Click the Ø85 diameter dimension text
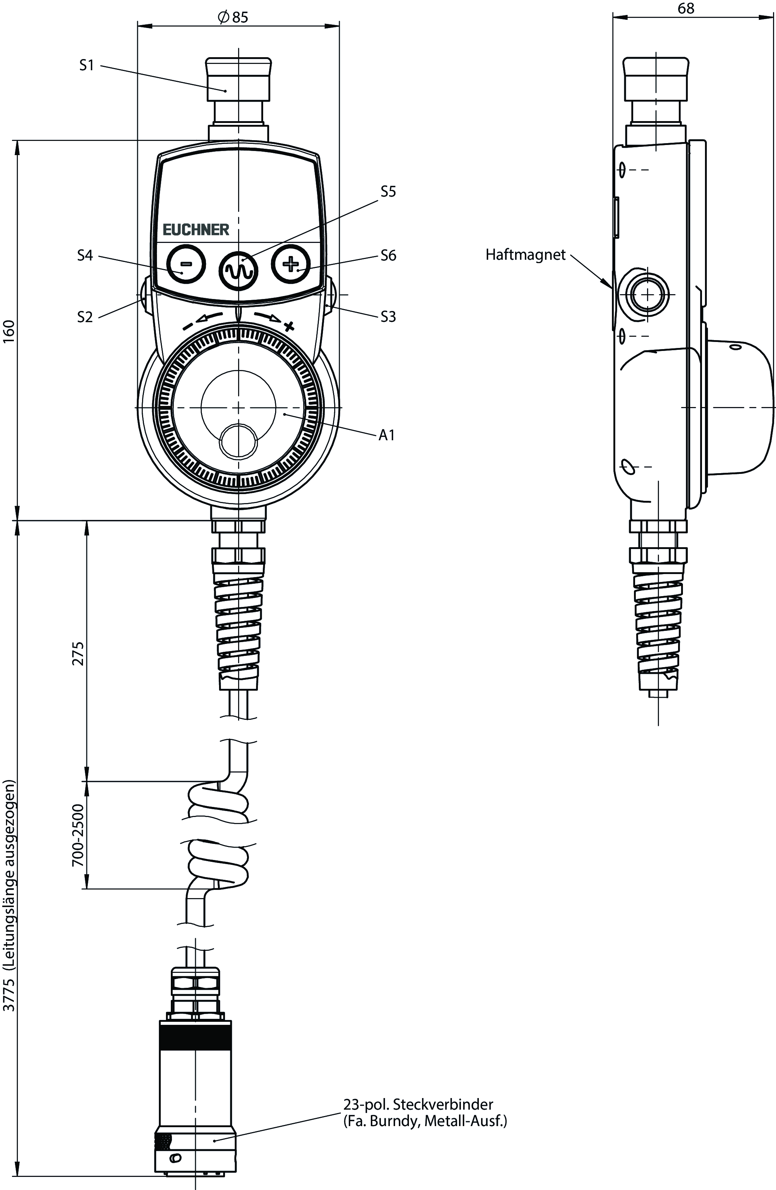233,18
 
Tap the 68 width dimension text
686,9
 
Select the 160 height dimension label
9,331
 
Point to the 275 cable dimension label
78,654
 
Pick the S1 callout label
86,65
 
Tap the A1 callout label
387,435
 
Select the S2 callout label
85,317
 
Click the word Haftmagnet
526,255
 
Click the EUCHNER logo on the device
196,229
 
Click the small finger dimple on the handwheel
238,441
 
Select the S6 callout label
388,256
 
